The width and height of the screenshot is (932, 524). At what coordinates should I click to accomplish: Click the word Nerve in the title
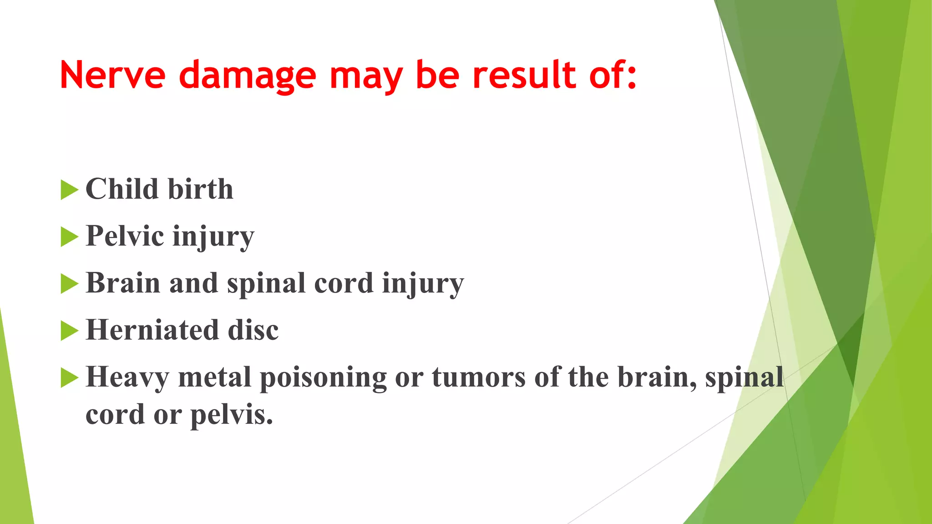click(x=112, y=75)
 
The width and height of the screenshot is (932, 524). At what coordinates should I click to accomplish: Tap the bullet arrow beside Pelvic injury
click(x=69, y=237)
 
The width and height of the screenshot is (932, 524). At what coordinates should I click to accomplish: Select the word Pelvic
click(x=125, y=236)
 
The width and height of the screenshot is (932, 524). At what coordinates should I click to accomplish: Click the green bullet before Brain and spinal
click(x=69, y=284)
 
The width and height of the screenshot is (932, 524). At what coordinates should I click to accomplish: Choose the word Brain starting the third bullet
click(x=123, y=283)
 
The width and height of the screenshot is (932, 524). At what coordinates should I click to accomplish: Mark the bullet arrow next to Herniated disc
click(x=69, y=331)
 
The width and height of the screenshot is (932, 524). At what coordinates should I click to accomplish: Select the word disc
click(x=253, y=330)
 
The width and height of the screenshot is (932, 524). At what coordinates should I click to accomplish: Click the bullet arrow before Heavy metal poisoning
click(x=69, y=378)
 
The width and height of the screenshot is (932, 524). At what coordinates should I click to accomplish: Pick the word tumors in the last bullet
click(x=478, y=377)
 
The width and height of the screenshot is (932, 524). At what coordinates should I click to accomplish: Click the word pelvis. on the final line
click(x=232, y=415)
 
